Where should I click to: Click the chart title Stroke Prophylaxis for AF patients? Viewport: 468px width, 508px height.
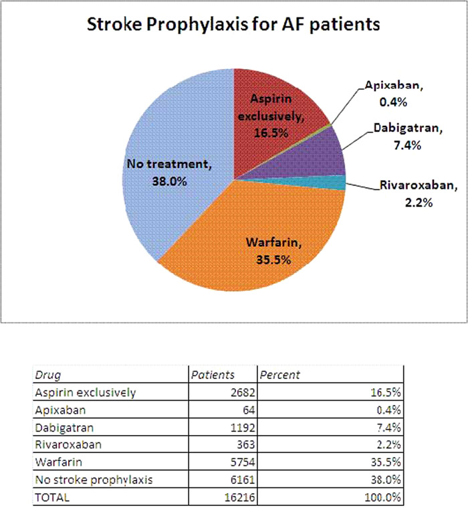233,25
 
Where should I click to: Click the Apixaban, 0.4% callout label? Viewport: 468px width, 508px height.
394,94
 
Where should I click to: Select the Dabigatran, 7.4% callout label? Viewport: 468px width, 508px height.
408,137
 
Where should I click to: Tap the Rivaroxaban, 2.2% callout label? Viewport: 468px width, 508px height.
419,193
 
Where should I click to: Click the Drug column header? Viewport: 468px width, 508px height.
47,375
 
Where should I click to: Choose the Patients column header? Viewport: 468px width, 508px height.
213,375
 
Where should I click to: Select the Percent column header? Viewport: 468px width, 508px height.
280,375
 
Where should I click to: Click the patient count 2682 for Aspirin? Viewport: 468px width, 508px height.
243,392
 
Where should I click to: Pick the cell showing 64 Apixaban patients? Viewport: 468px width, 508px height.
249,410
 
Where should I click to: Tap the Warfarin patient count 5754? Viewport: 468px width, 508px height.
243,462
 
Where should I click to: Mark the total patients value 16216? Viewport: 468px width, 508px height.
240,497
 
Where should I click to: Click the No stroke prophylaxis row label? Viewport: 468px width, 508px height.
94,480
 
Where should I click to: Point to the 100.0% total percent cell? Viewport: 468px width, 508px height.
382,497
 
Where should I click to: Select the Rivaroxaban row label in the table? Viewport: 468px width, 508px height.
68,444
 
